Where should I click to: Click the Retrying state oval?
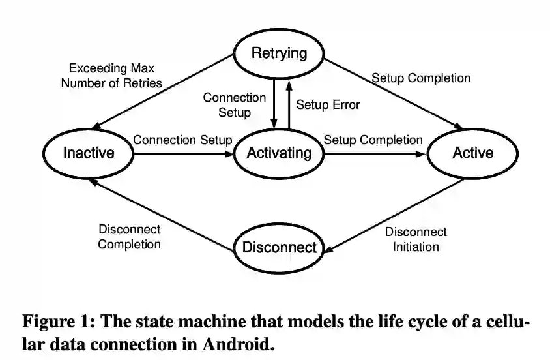(279, 53)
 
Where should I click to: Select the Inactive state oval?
(88, 153)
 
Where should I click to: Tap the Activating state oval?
(279, 153)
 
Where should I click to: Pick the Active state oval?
(472, 153)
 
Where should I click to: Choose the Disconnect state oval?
(279, 247)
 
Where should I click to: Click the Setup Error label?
(328, 104)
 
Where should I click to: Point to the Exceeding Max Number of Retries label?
(115, 75)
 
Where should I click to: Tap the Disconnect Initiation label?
(416, 239)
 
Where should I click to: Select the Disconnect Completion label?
(129, 237)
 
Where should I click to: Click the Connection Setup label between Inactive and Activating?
(182, 140)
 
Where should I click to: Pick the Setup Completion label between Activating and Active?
(373, 140)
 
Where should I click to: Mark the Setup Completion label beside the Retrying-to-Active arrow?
(421, 78)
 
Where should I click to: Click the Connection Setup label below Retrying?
(235, 105)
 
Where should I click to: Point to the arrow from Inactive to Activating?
(182, 155)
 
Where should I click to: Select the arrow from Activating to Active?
(375, 155)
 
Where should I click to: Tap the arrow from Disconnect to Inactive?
(163, 216)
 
